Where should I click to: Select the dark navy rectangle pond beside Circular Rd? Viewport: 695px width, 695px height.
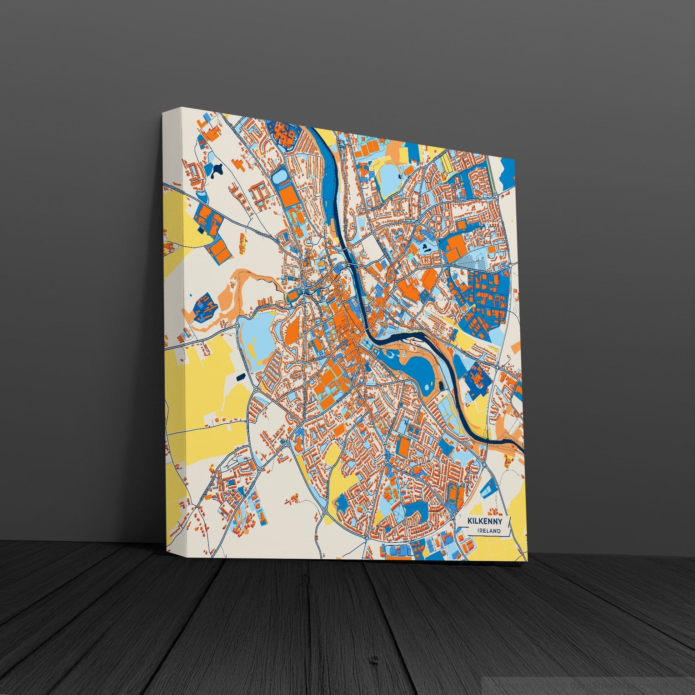tap(240, 377)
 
